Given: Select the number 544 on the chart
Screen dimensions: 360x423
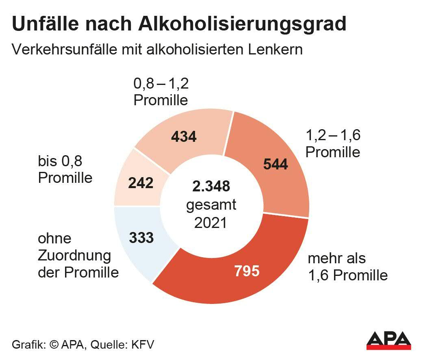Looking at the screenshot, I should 275,164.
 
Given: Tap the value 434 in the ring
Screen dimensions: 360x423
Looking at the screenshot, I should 184,137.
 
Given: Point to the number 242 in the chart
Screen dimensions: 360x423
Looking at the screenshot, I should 141,183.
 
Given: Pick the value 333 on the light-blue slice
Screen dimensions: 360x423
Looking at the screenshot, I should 141,237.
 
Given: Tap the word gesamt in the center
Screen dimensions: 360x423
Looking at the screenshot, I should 211,204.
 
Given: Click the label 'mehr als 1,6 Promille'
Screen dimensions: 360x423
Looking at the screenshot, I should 347,267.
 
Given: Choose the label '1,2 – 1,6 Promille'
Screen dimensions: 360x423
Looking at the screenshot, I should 333,143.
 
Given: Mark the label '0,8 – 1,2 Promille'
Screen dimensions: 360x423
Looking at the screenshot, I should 161,92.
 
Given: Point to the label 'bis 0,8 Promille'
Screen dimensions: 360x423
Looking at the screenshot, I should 65,169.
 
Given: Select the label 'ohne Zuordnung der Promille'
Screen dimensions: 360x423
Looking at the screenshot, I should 78,255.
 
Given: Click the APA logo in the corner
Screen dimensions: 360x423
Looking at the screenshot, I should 388,340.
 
